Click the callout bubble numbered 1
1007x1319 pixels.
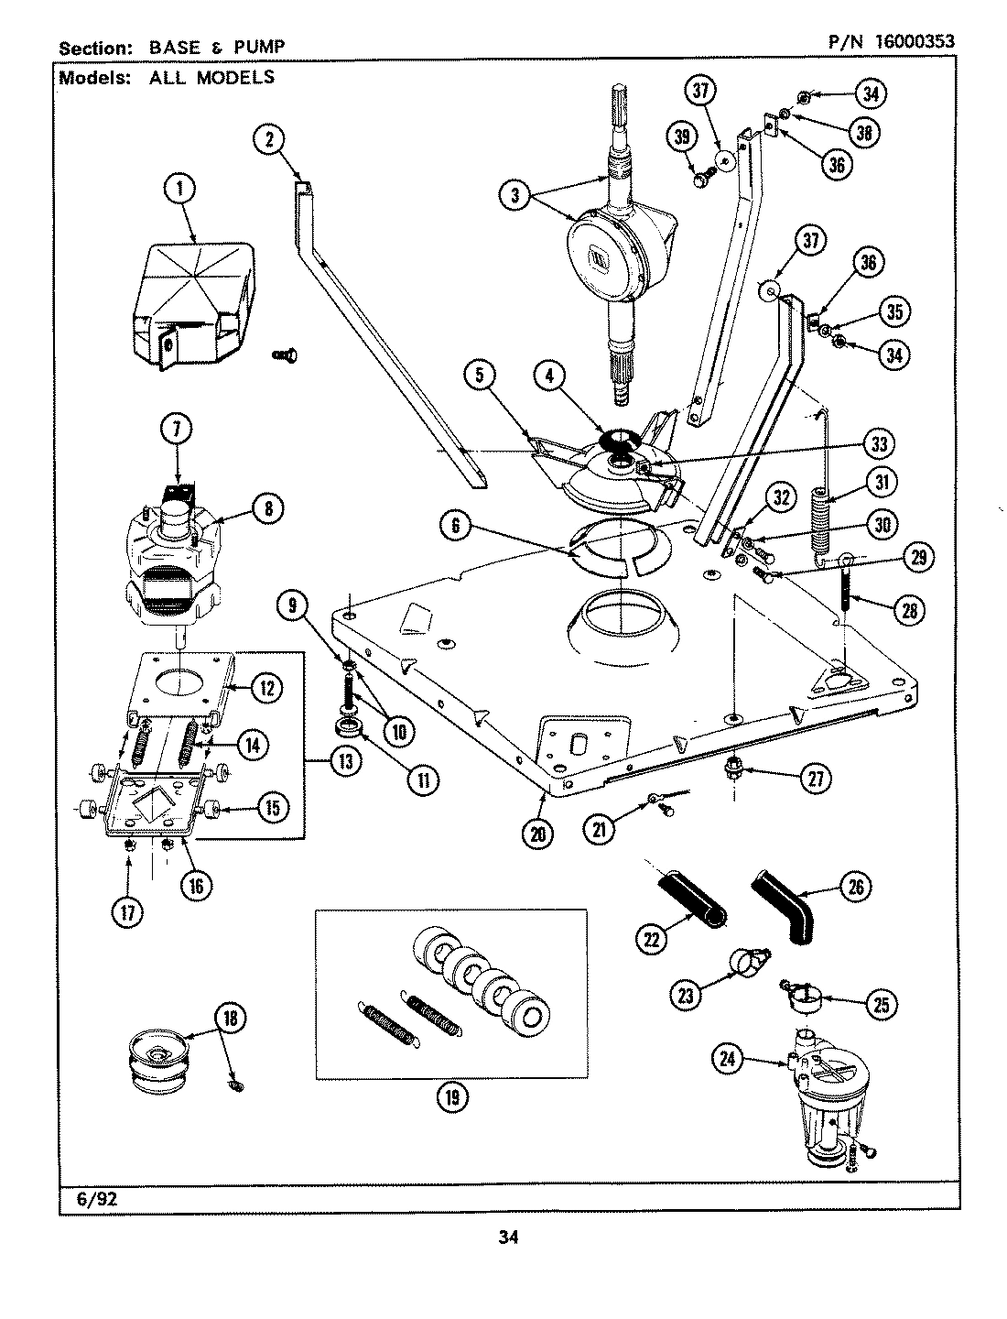(x=180, y=190)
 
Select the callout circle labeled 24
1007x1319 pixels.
(x=726, y=1061)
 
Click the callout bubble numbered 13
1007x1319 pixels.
(x=343, y=761)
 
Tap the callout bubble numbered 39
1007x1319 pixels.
(x=681, y=137)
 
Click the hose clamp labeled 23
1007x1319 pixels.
(x=748, y=962)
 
